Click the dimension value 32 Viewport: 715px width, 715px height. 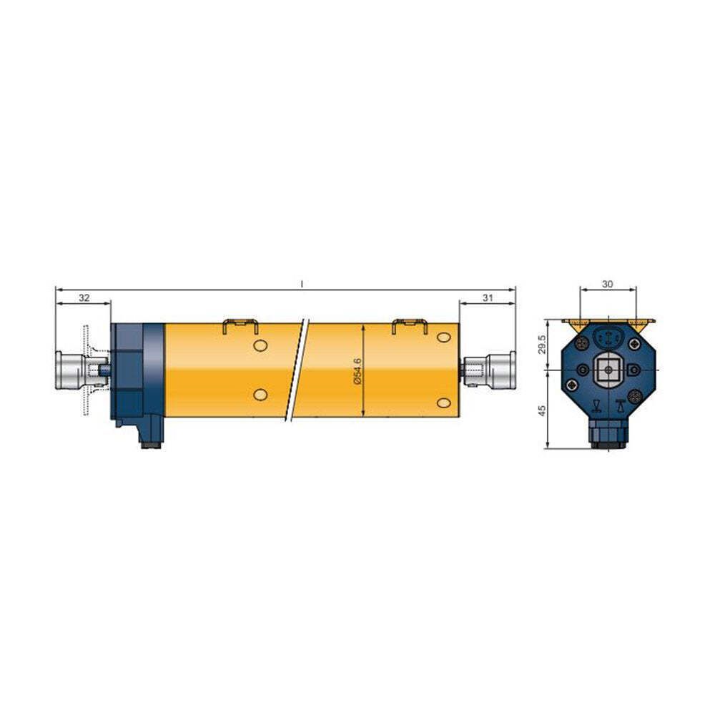tap(84, 297)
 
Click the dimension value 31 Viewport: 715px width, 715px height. tap(488, 297)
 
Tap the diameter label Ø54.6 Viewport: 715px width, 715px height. tap(357, 371)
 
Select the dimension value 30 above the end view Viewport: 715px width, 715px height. tap(607, 284)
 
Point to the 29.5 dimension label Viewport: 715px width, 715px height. tap(542, 345)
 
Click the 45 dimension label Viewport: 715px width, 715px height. tap(542, 410)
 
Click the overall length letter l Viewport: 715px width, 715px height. tap(302, 284)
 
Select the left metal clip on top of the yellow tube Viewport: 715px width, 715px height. tap(240, 326)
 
